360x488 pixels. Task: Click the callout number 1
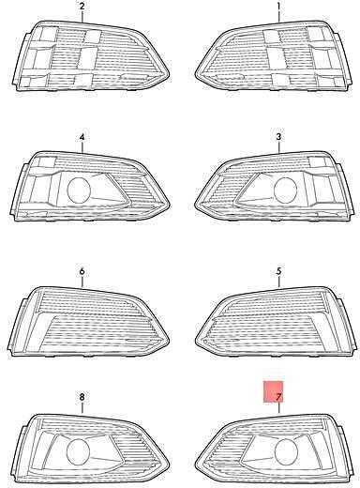click(x=278, y=7)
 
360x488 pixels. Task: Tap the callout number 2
click(x=82, y=7)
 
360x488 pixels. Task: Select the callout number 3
click(x=278, y=137)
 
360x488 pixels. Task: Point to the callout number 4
click(x=82, y=137)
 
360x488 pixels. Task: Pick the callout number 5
click(x=278, y=271)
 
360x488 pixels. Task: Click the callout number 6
click(x=82, y=271)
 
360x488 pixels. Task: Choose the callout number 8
click(x=82, y=397)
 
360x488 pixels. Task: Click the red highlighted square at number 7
click(x=273, y=391)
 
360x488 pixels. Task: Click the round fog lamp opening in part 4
click(x=80, y=190)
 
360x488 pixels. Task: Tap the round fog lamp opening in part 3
click(x=285, y=190)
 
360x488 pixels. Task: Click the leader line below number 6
click(x=82, y=282)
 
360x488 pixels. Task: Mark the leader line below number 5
click(x=278, y=282)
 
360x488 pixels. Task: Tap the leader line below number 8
click(x=82, y=408)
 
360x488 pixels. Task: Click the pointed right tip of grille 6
click(x=170, y=341)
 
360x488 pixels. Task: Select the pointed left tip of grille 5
click(x=195, y=341)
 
